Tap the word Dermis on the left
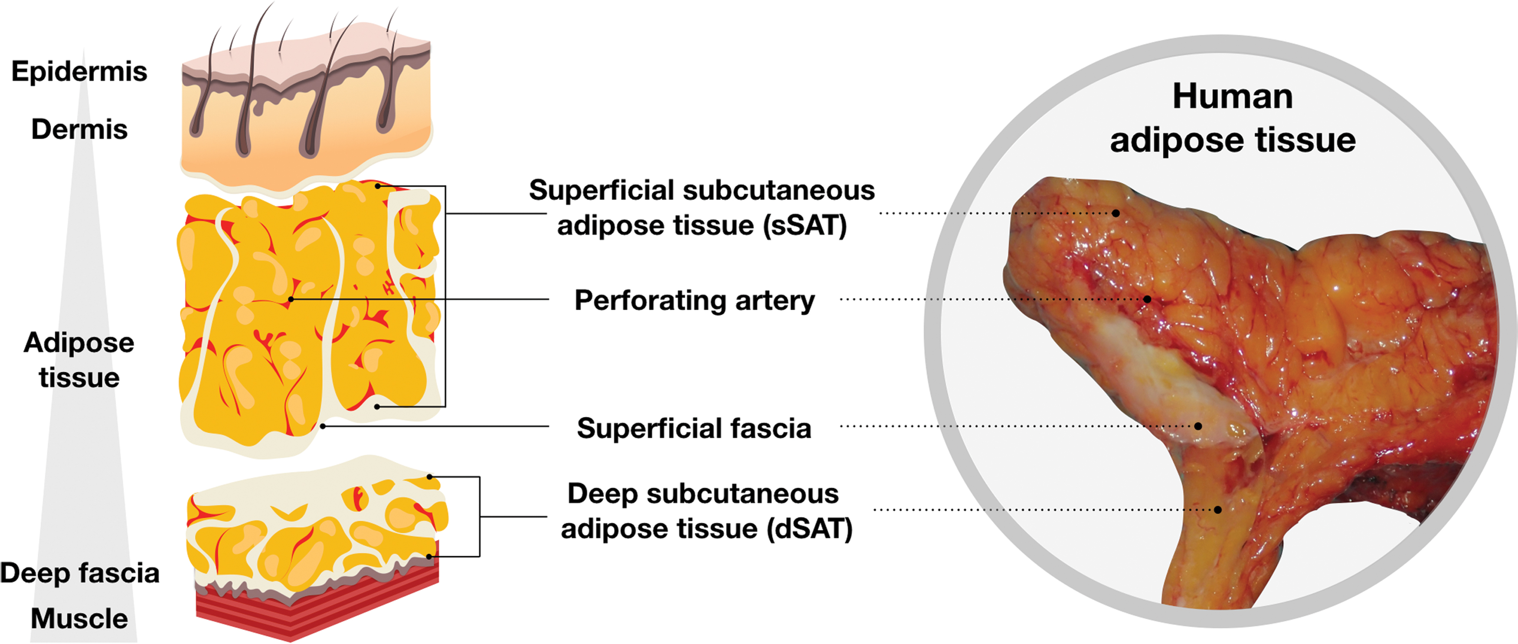coord(79,129)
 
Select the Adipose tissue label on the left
coord(79,360)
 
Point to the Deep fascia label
coord(79,573)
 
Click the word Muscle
coord(79,619)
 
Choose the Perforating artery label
coord(694,301)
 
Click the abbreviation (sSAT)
coord(805,225)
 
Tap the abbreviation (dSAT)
coord(810,529)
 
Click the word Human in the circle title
coord(1233,96)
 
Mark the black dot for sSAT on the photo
coord(1116,213)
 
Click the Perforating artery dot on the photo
coord(1147,299)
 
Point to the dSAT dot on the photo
coord(1218,509)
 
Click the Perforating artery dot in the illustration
coord(291,299)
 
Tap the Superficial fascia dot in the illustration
coord(323,426)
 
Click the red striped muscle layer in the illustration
coord(318,608)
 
